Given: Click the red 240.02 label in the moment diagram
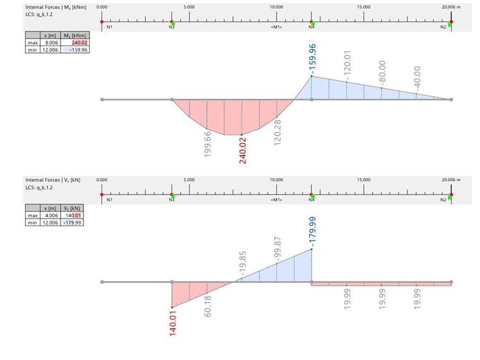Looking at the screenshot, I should pos(243,150).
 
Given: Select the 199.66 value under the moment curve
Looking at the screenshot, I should pos(208,143).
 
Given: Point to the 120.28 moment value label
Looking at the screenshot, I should pos(277,133).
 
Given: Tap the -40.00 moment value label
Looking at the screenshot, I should pos(416,78).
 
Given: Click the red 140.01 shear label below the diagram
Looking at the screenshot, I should pos(172,322).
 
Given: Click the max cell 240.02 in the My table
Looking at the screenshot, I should pos(79,43).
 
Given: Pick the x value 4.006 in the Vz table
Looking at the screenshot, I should pos(51,215).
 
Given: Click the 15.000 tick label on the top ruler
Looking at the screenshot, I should pos(363,6).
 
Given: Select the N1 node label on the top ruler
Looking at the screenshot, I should pos(109,27).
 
